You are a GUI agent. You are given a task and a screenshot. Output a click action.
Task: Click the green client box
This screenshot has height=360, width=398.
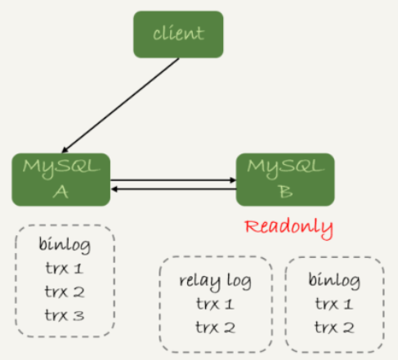pos(178,34)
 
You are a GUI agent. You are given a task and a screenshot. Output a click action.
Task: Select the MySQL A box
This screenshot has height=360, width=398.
pos(61,180)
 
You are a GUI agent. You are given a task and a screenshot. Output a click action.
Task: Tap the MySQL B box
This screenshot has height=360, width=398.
pos(285,180)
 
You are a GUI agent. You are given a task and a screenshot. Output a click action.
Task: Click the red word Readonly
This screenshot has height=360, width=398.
pos(289,229)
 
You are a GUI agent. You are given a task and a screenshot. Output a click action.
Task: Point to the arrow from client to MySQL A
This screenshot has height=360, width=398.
pos(120,105)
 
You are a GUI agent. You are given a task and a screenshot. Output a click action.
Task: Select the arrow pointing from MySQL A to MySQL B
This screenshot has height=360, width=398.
pos(173,180)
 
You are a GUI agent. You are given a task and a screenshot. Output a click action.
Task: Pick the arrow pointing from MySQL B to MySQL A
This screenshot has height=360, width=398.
pos(173,189)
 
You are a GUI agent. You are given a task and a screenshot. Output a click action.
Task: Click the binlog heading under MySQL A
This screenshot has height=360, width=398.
pos(65,245)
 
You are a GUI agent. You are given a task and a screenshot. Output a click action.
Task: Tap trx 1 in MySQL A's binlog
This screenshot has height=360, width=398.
pos(65,268)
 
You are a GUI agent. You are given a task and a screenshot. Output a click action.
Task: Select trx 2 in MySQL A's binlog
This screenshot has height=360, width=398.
pos(65,291)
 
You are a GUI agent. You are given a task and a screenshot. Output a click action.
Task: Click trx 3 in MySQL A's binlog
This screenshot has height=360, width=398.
pos(65,315)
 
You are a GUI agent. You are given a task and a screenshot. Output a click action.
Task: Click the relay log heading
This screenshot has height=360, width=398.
pos(215,282)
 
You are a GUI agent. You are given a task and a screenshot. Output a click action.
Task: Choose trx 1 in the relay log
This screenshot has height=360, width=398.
pos(215,304)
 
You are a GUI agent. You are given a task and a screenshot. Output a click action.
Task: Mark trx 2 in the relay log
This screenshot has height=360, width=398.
pos(215,327)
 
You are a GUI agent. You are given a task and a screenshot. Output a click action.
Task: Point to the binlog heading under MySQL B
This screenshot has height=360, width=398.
pos(334,280)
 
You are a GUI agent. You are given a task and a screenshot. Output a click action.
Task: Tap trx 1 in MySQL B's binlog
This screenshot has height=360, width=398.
pos(334,304)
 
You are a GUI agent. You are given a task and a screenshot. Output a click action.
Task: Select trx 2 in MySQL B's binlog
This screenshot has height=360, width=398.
pos(334,327)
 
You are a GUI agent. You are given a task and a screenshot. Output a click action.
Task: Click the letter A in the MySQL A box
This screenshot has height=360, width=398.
pos(60,192)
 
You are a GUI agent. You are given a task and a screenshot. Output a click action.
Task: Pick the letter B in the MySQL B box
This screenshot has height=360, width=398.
pos(285,192)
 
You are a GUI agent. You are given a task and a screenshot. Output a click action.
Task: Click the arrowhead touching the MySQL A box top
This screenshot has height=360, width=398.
pos(65,149)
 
